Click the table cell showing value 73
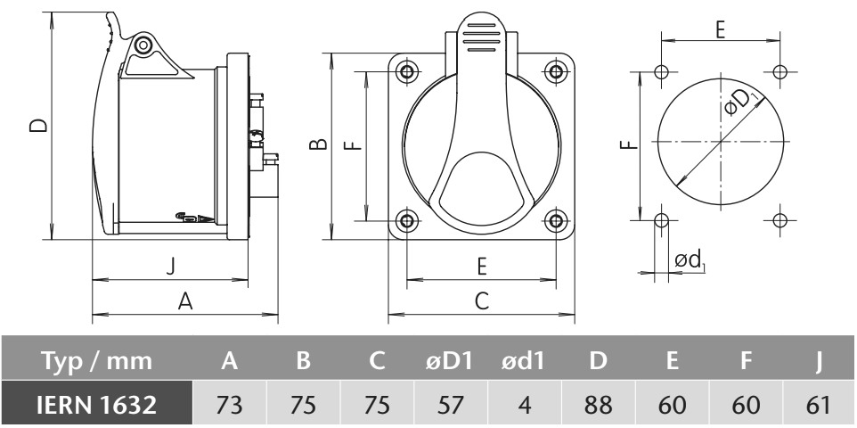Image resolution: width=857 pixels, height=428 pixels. [x=230, y=404]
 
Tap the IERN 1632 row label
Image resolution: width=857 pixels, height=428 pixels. [x=96, y=404]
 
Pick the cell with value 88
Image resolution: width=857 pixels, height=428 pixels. [x=598, y=404]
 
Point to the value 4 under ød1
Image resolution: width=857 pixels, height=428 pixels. [x=524, y=404]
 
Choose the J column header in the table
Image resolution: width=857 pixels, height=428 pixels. [x=818, y=361]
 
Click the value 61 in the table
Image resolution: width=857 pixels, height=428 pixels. [x=818, y=404]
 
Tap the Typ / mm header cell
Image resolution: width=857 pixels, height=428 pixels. [x=96, y=361]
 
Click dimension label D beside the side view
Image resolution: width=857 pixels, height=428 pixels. [x=38, y=126]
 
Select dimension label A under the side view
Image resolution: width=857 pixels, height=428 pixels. [x=186, y=301]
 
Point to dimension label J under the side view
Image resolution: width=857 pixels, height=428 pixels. [x=171, y=267]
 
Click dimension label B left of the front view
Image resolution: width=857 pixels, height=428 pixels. [x=318, y=144]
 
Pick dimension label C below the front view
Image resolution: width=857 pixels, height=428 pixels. [x=482, y=301]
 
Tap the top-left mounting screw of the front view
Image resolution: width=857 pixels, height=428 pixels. [x=406, y=71]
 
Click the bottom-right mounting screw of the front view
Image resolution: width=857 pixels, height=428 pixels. [x=556, y=220]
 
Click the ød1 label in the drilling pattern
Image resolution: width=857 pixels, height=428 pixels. [x=690, y=260]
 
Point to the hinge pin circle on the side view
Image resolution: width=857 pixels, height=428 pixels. [x=143, y=45]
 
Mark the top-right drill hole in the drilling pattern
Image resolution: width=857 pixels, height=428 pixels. [x=779, y=71]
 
